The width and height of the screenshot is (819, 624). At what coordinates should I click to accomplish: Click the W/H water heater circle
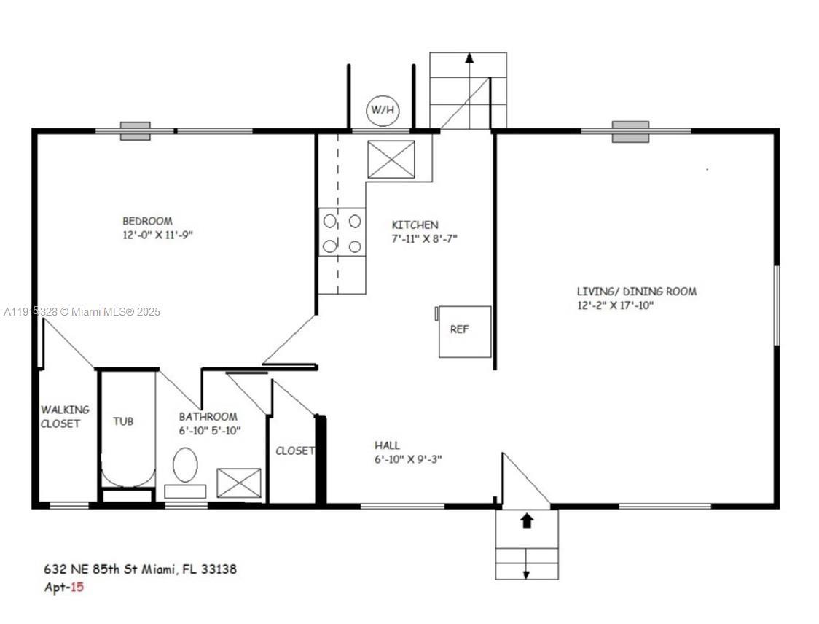[x=383, y=110]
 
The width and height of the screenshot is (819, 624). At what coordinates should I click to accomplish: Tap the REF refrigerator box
[x=464, y=332]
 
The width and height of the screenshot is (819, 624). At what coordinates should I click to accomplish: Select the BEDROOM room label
[x=147, y=221]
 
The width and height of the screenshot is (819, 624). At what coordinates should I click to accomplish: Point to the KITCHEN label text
[x=415, y=225]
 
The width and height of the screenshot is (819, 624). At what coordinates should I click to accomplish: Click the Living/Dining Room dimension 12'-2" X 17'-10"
[x=615, y=305]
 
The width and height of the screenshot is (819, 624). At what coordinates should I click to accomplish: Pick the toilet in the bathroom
[x=185, y=464]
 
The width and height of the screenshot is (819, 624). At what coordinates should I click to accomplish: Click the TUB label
[x=123, y=421]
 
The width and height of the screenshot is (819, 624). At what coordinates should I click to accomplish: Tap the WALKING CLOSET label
[x=64, y=416]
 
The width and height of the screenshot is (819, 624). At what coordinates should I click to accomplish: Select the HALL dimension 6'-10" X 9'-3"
[x=408, y=459]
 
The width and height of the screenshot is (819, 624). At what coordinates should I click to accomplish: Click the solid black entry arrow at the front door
[x=527, y=520]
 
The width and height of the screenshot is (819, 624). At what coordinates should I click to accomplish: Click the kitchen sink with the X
[x=391, y=160]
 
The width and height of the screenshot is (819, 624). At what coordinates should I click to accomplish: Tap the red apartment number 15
[x=77, y=587]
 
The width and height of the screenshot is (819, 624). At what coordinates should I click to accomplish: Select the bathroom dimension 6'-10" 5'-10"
[x=209, y=431]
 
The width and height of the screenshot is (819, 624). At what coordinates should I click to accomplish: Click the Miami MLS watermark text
[x=82, y=312]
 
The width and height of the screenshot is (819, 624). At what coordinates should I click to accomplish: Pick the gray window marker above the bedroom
[x=136, y=131]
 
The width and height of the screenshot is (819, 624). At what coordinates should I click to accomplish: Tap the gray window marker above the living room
[x=630, y=132]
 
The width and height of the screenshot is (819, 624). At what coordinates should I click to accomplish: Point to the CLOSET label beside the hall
[x=295, y=451]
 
